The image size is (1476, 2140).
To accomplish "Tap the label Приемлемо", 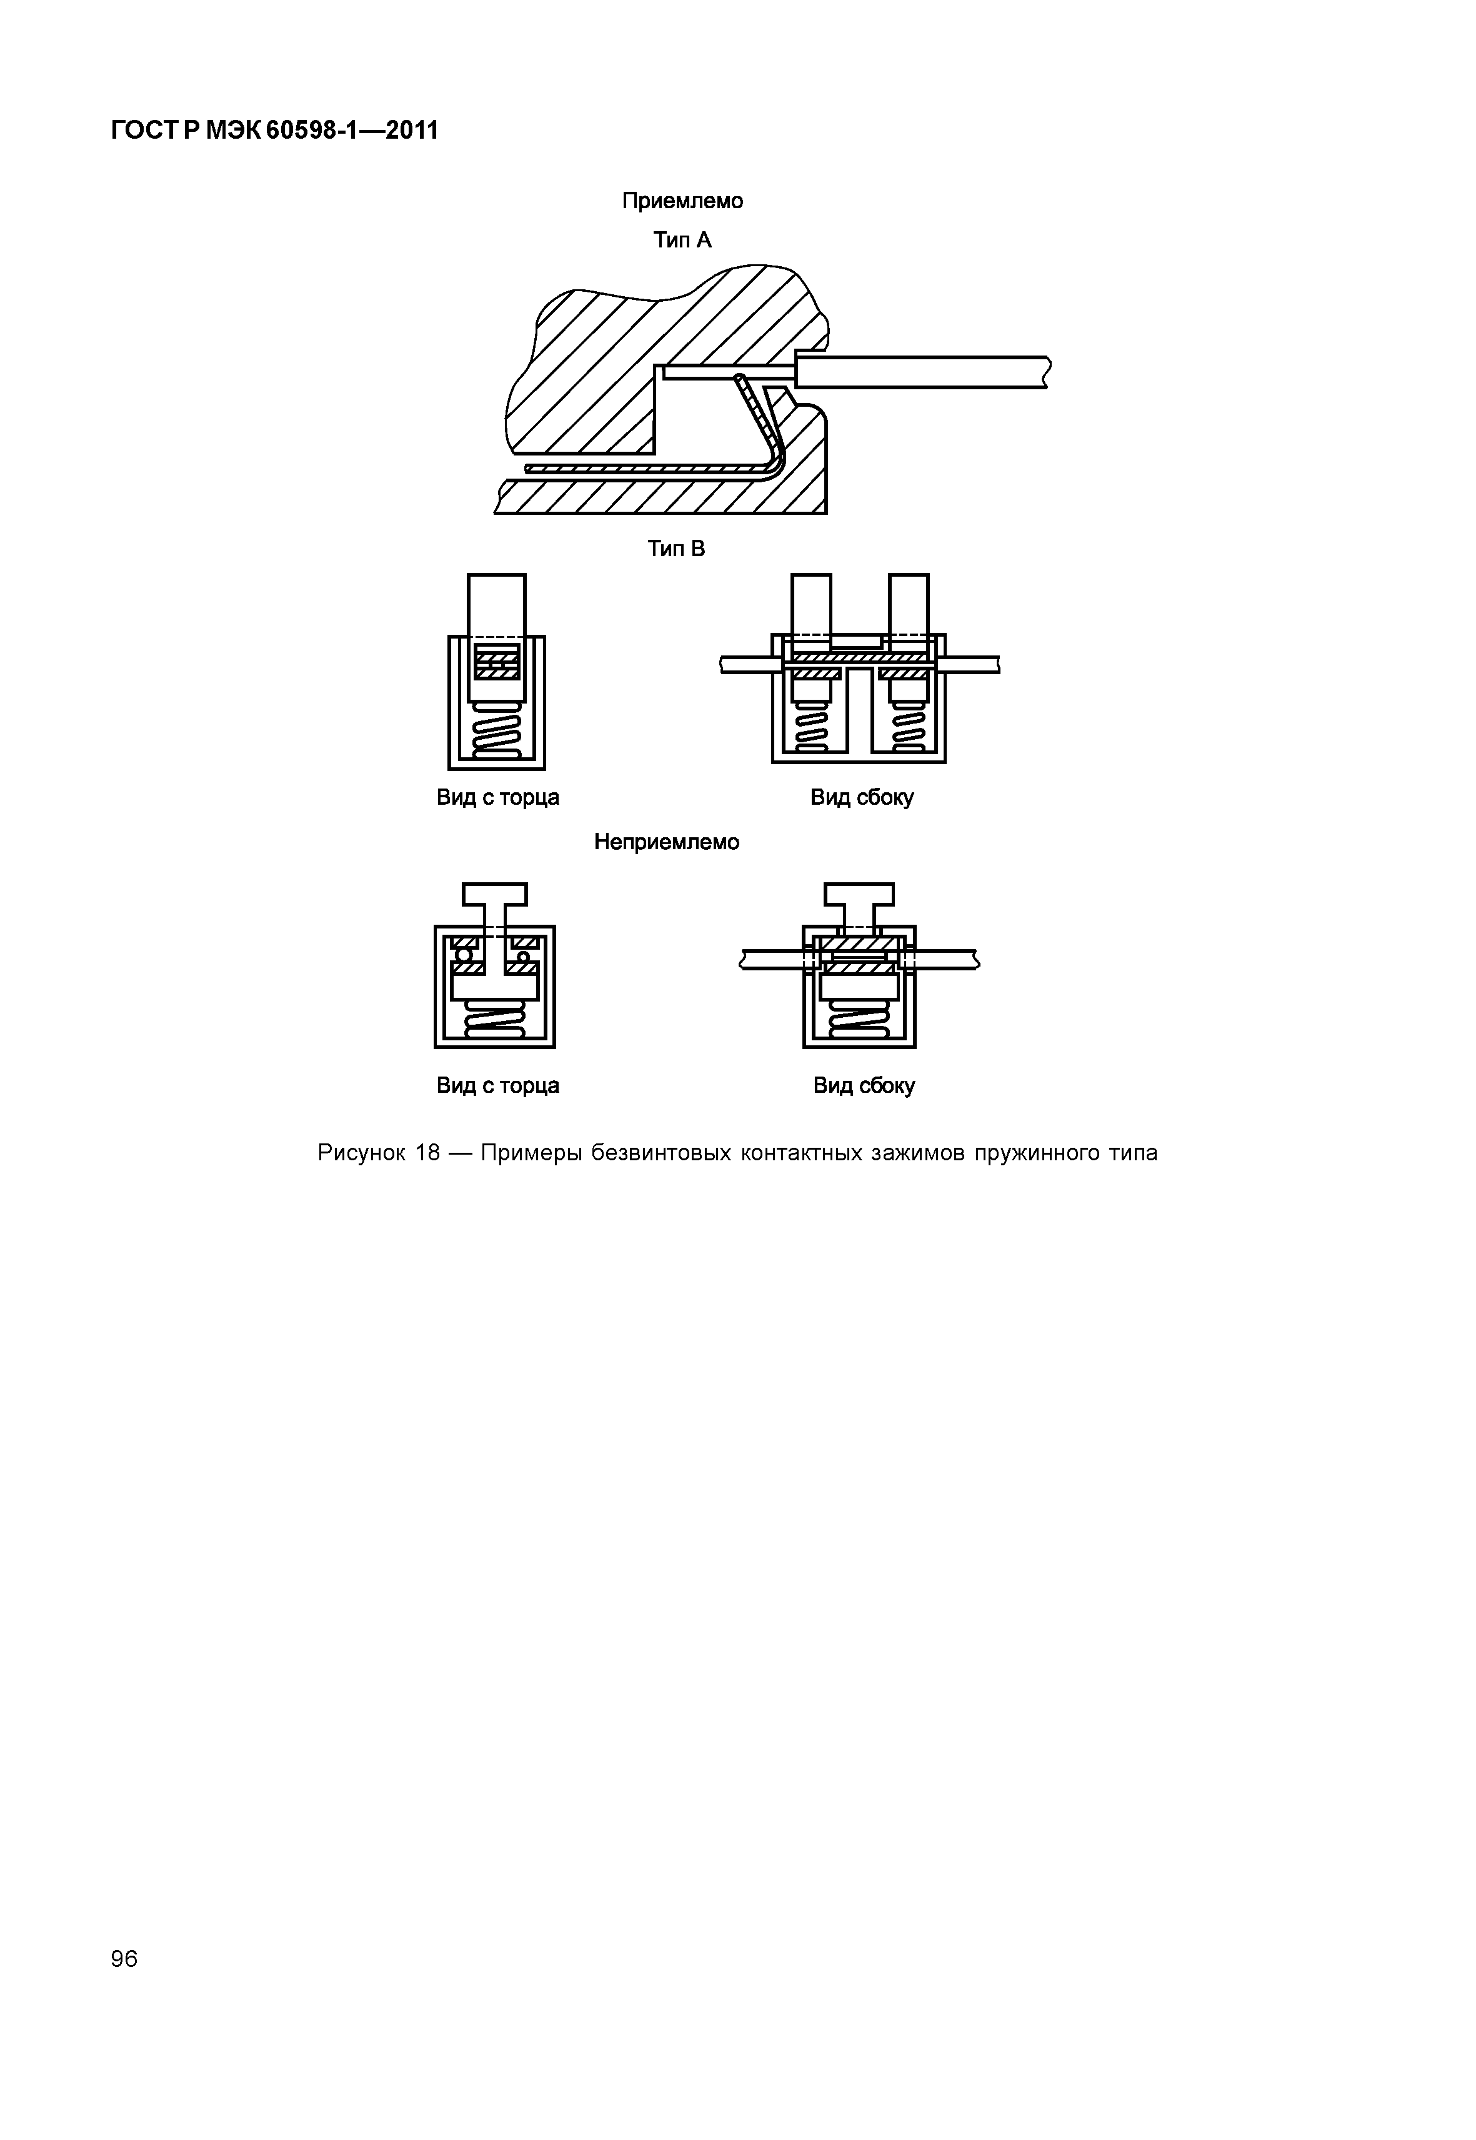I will (682, 201).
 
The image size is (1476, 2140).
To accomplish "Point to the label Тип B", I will (676, 549).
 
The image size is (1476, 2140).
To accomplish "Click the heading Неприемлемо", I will (666, 842).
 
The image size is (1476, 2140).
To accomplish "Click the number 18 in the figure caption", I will (427, 1153).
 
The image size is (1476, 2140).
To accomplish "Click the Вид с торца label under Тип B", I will (497, 797).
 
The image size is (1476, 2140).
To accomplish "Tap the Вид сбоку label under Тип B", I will (862, 797).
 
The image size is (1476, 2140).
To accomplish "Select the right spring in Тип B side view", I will (908, 727).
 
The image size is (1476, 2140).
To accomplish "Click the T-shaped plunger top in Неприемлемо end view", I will (495, 893).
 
